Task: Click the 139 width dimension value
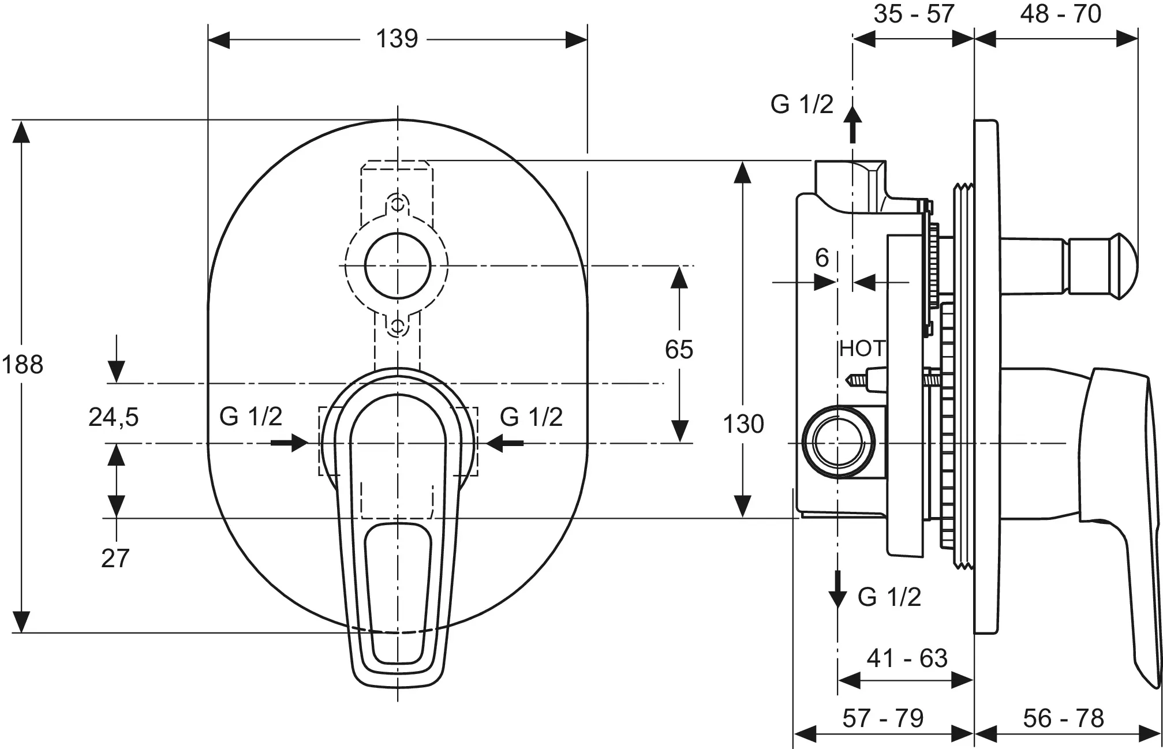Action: [x=397, y=39]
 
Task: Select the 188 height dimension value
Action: [x=23, y=365]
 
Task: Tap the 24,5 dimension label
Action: [x=114, y=417]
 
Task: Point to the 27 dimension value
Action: [x=115, y=559]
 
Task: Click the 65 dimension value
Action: [x=679, y=350]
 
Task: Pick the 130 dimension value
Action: [x=743, y=424]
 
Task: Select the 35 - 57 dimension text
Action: [x=914, y=14]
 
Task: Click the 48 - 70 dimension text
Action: [x=1061, y=14]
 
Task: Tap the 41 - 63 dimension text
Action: [x=907, y=658]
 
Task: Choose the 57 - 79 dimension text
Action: [x=883, y=718]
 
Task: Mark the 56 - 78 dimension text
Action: [x=1064, y=718]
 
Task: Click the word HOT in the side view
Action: [x=862, y=349]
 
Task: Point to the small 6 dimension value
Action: [x=822, y=258]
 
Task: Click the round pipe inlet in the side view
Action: [x=837, y=443]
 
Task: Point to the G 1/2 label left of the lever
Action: [x=250, y=417]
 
